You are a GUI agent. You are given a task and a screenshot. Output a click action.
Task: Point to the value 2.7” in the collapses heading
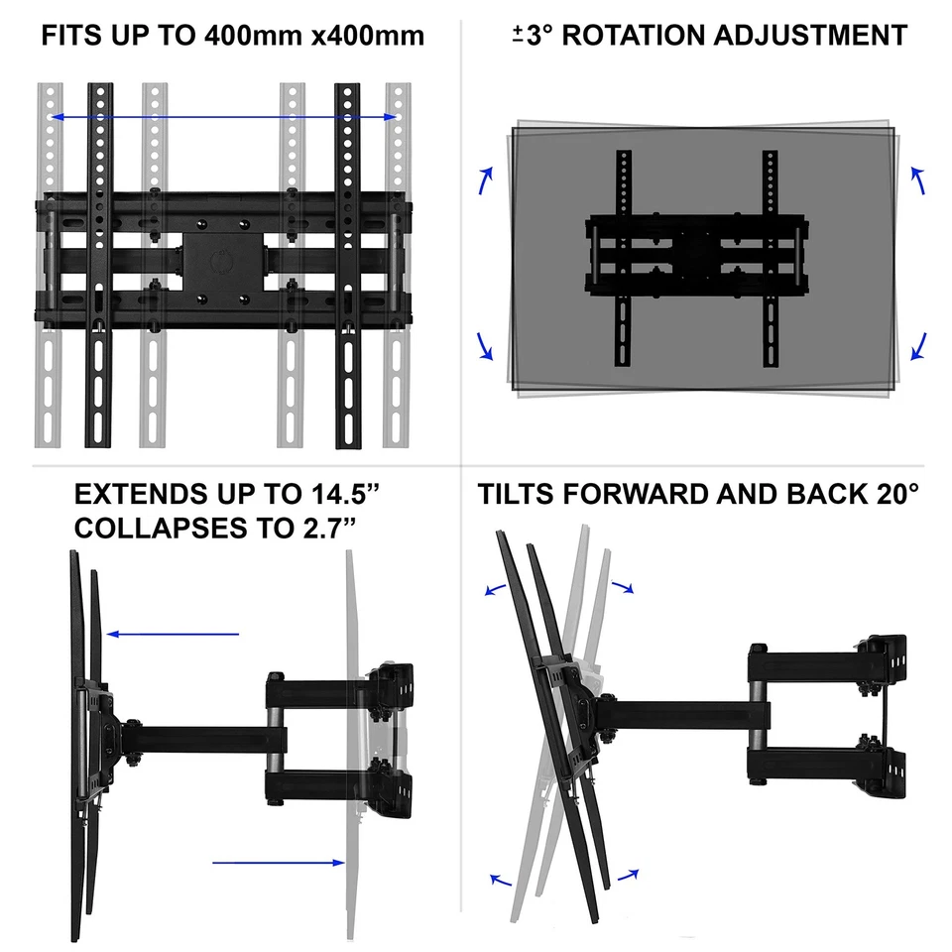point(314,528)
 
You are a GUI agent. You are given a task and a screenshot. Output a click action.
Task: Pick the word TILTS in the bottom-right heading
point(518,495)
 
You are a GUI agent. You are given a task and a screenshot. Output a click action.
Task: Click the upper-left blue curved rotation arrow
point(486,180)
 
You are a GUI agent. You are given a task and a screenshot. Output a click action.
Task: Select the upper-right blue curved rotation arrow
point(917,180)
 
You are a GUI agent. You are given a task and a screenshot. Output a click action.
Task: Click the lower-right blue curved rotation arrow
point(918,346)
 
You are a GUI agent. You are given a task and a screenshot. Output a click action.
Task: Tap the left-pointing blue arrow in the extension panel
point(173,634)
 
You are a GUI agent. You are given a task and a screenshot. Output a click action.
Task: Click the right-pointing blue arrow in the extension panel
point(278,863)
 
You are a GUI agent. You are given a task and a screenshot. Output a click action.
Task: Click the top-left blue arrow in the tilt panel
point(495,588)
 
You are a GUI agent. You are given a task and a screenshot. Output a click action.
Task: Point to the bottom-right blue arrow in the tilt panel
point(628,874)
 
